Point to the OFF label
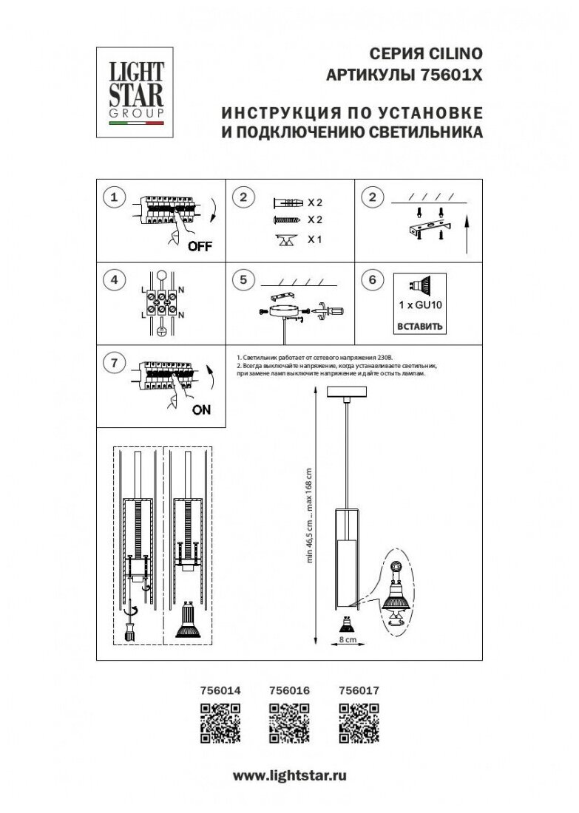[x=199, y=247]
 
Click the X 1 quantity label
[x=316, y=239]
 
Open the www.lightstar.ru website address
[x=289, y=775]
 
